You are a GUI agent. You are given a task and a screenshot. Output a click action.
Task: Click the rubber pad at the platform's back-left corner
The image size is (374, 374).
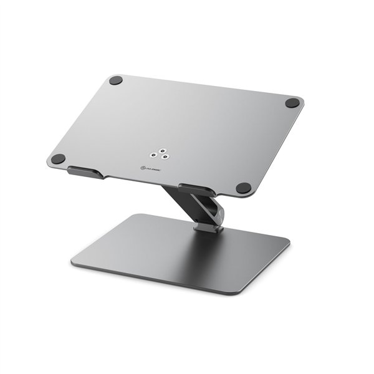point(115,80)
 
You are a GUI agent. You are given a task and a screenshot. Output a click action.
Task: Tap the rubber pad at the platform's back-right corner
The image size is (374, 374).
point(292,104)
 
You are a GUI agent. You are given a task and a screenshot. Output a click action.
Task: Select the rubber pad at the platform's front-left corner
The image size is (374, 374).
point(58,159)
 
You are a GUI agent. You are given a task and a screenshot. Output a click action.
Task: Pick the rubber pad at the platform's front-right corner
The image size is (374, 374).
point(243,188)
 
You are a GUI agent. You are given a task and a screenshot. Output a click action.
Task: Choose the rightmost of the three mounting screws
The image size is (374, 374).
point(164,158)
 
